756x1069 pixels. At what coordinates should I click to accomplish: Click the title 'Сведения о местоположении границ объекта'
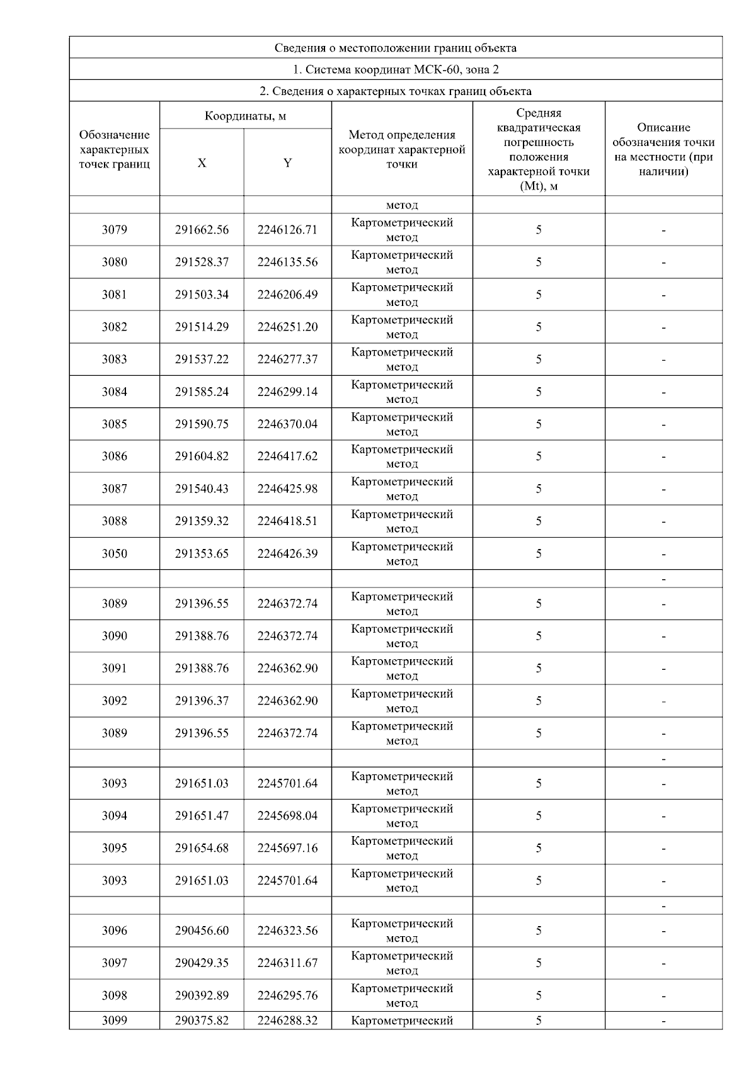[396, 48]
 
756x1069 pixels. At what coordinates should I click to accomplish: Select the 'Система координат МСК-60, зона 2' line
[396, 69]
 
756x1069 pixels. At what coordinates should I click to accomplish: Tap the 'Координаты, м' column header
[245, 116]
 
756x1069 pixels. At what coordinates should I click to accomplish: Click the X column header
[202, 163]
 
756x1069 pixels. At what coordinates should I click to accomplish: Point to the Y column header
[287, 163]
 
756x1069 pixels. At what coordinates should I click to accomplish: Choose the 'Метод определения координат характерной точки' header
[402, 149]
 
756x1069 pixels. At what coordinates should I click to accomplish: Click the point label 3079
[114, 230]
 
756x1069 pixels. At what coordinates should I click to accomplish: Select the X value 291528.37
[202, 263]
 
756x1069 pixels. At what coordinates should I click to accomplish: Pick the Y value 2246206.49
[287, 295]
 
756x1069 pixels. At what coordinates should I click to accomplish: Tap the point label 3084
[114, 392]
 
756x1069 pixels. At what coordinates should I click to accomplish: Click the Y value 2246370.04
[287, 424]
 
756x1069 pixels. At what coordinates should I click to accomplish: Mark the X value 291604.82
[202, 456]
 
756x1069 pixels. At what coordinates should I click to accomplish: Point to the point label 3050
[114, 554]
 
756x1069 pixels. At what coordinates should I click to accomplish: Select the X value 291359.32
[202, 521]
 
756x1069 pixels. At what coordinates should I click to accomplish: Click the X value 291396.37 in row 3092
[202, 701]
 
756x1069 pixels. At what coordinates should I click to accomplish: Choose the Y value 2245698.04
[287, 816]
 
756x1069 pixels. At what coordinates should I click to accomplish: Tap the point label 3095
[114, 848]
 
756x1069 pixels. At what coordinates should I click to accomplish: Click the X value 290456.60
[202, 930]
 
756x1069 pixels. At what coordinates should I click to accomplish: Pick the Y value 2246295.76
[287, 995]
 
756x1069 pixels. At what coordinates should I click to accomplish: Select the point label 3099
[114, 1021]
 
